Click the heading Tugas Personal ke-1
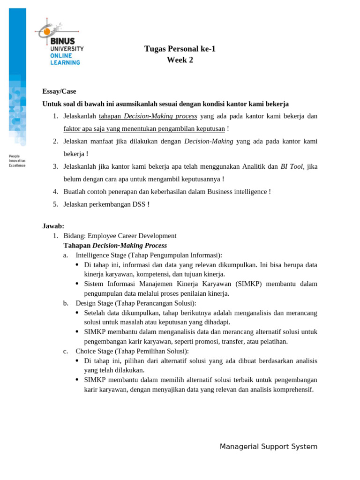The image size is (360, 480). pos(180,49)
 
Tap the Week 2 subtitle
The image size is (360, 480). pos(180,60)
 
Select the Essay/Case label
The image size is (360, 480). pos(59,91)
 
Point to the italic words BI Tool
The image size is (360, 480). pos(292,166)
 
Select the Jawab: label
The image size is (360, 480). pos(53,226)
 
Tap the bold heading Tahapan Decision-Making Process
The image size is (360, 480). pos(115,246)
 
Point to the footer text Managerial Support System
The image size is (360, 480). pos(268,447)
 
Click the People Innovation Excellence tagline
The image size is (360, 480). pos(17,161)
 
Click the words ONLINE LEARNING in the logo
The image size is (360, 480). pos(65,59)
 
